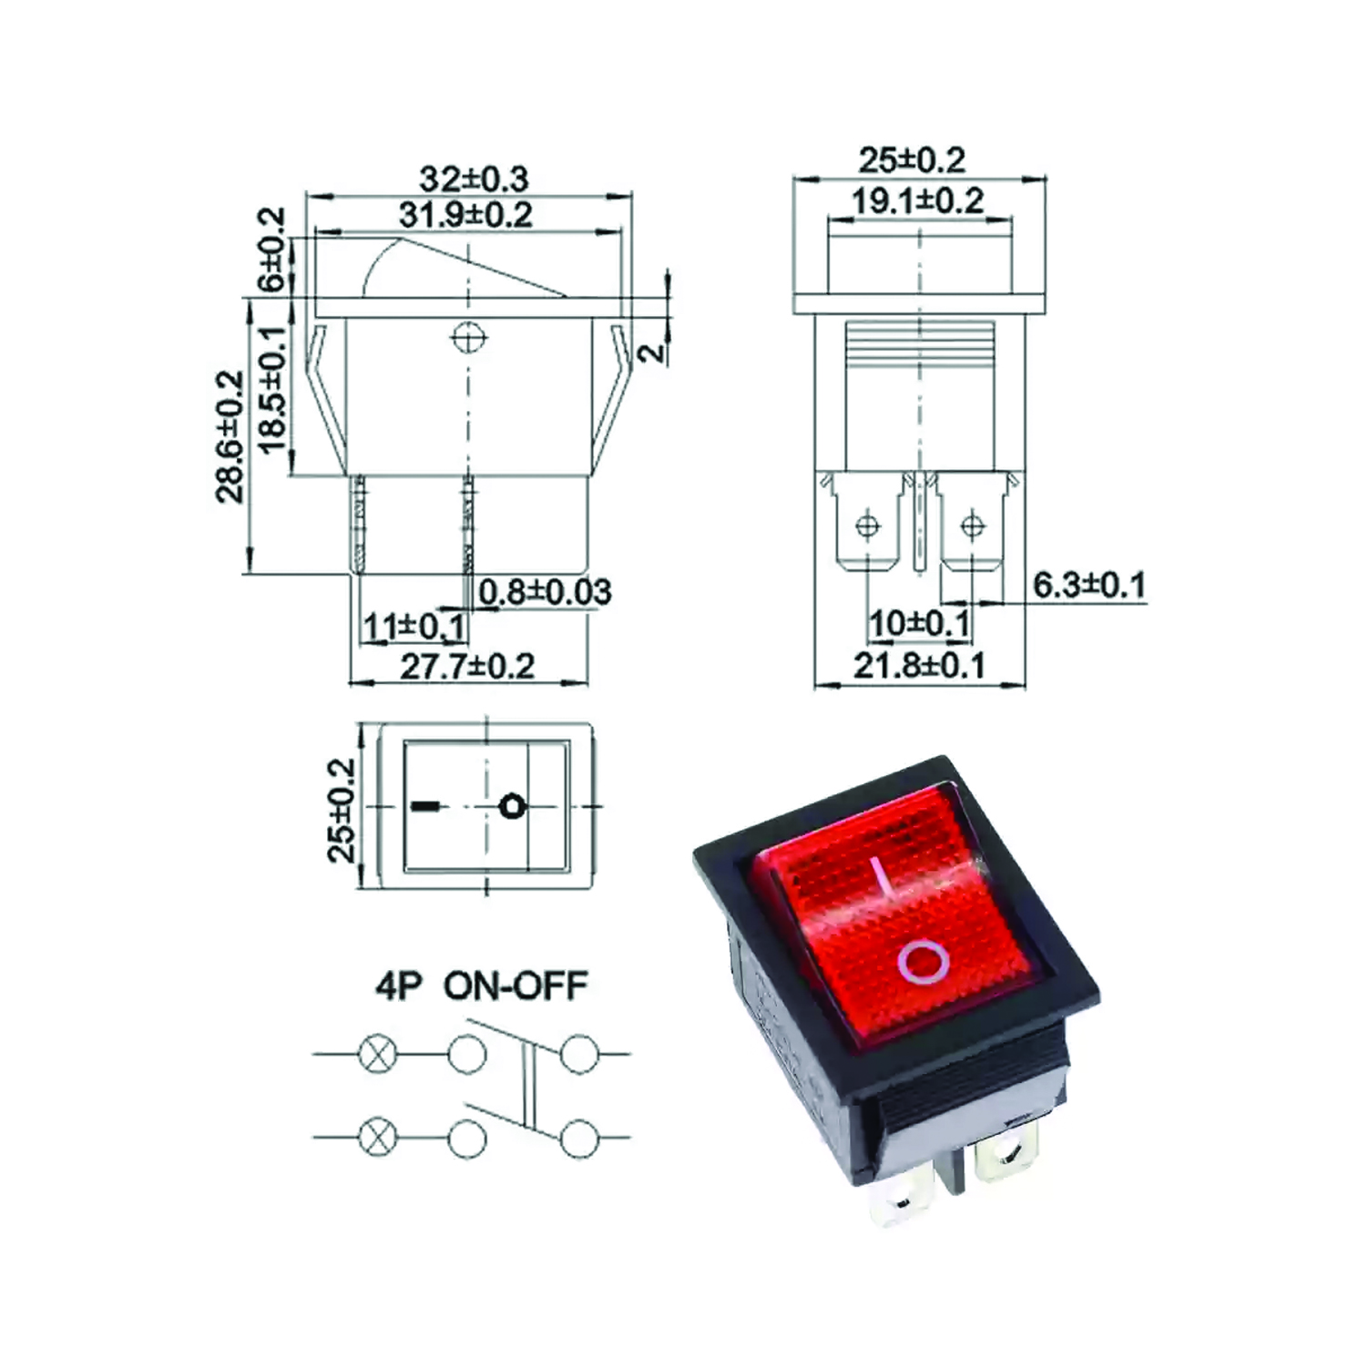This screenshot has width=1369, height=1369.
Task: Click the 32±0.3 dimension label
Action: [x=474, y=178]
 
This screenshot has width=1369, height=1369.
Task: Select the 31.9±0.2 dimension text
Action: [x=465, y=215]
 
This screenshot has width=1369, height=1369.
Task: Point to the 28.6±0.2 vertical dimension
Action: [x=230, y=436]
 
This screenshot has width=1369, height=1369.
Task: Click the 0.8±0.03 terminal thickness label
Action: [x=545, y=592]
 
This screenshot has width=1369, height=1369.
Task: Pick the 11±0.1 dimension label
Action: [x=414, y=627]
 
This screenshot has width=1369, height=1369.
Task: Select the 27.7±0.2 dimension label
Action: [x=467, y=666]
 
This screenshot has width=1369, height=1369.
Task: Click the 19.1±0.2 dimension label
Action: [x=917, y=200]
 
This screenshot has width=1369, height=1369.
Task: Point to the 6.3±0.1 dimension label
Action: [x=1089, y=585]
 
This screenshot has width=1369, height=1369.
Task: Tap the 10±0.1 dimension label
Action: [x=919, y=624]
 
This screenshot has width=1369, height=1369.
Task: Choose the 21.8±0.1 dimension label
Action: [x=919, y=666]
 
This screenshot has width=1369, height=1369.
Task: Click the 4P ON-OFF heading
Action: [x=481, y=986]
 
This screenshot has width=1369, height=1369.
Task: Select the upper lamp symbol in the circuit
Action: [x=374, y=1055]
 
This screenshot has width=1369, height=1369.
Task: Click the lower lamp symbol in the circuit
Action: [x=374, y=1138]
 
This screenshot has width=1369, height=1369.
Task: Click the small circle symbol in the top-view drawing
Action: [x=513, y=807]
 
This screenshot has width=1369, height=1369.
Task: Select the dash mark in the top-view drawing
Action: [x=425, y=806]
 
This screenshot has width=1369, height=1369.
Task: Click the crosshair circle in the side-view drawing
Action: [x=468, y=338]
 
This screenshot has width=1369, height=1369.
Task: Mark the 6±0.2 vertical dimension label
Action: [x=272, y=250]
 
